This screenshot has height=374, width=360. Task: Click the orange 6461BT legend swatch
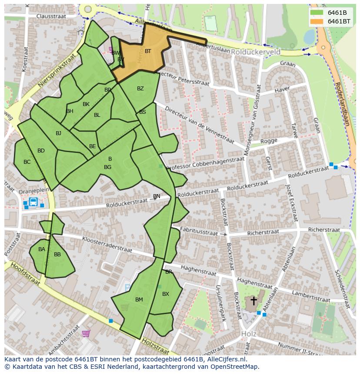(x=317, y=21)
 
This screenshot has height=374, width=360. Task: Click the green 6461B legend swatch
(x=317, y=13)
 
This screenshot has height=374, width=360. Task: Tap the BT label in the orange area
(x=148, y=51)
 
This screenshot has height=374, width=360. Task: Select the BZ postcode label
(x=140, y=89)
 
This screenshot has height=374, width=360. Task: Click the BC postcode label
(x=27, y=162)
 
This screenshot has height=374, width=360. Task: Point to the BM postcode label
(x=139, y=300)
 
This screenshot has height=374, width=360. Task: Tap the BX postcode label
(x=165, y=294)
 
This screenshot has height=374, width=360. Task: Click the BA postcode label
(x=41, y=249)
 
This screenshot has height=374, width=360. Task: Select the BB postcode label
(x=57, y=255)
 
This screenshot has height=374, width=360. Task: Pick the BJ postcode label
(x=58, y=133)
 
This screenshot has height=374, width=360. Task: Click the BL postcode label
(x=97, y=115)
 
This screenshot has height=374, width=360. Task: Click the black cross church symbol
(x=253, y=301)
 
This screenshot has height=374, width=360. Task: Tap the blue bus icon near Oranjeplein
(x=33, y=202)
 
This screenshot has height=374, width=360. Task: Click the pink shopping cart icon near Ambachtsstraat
(x=86, y=334)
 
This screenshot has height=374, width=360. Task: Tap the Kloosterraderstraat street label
(x=107, y=244)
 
